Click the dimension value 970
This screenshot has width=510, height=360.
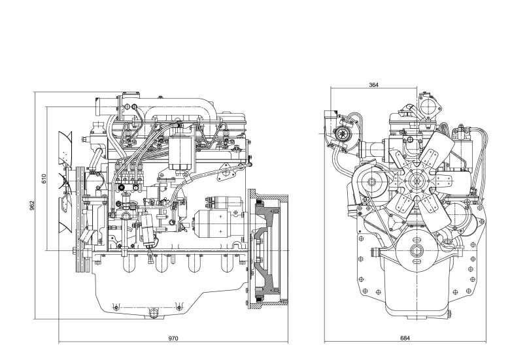click(x=173, y=338)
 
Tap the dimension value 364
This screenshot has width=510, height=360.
click(x=373, y=85)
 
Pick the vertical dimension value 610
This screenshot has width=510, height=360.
click(x=44, y=178)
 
